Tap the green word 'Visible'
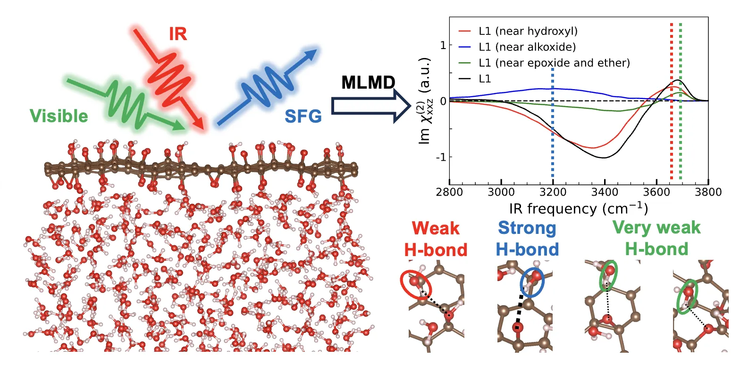tap(59, 116)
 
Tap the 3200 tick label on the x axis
tap(553, 193)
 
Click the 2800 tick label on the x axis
tap(449, 193)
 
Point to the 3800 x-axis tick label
tap(708, 193)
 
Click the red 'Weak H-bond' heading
tap(435, 239)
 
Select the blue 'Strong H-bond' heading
tap(527, 239)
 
